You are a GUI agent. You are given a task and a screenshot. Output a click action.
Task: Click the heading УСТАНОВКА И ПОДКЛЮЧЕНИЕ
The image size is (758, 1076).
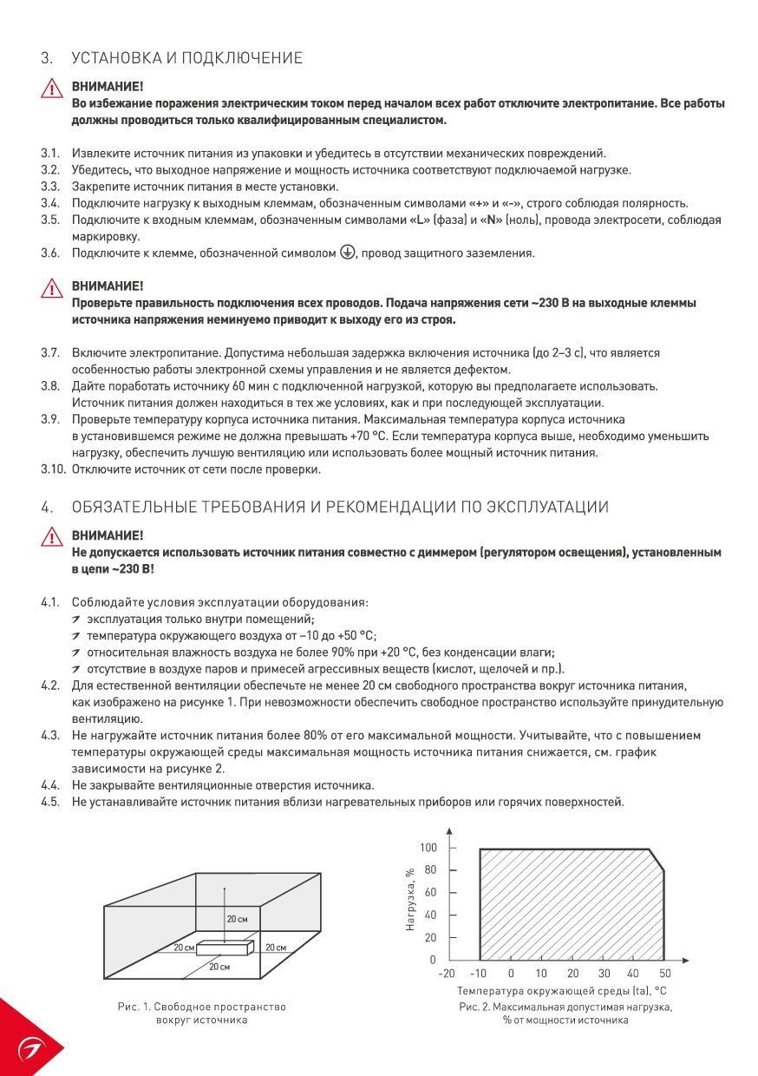tap(186, 58)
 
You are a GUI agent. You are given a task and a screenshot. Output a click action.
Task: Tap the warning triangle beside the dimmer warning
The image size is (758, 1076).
tap(51, 537)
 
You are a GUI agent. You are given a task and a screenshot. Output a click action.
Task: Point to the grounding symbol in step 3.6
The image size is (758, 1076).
tap(347, 253)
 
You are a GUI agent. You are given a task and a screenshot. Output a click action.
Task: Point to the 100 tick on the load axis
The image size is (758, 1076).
tap(428, 847)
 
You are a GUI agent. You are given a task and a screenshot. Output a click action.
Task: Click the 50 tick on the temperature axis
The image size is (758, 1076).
tap(665, 974)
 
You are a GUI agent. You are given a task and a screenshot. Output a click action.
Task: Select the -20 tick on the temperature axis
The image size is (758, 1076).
tap(447, 974)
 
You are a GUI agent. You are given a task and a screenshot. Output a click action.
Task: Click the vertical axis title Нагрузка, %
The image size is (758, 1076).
tap(410, 899)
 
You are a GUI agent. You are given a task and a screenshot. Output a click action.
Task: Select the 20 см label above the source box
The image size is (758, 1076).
tap(237, 918)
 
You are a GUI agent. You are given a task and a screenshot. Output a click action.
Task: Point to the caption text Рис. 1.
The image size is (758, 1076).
tap(134, 1007)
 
